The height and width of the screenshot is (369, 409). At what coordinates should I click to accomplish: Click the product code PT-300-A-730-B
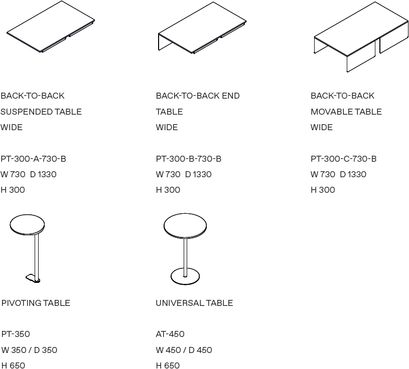(x=33, y=159)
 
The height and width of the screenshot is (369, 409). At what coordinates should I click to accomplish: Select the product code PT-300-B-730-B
(x=188, y=159)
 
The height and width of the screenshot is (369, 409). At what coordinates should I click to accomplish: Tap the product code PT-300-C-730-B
(x=343, y=159)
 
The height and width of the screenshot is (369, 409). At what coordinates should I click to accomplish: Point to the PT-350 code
(x=13, y=334)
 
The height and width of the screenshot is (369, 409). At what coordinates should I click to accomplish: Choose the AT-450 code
(x=170, y=334)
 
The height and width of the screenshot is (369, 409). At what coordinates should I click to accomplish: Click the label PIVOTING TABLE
(x=36, y=303)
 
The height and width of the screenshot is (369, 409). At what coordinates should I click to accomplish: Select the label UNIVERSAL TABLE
(x=194, y=303)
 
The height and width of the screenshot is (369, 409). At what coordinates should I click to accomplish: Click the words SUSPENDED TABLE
(x=41, y=112)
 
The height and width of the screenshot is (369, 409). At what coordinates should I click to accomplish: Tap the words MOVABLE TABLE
(x=346, y=112)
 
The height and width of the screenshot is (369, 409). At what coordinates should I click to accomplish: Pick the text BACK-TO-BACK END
(x=198, y=96)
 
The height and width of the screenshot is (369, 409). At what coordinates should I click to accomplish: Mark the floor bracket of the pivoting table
(x=33, y=278)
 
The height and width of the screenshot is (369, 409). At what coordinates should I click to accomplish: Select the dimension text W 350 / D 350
(x=29, y=350)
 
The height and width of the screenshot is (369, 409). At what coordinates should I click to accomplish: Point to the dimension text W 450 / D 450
(x=184, y=350)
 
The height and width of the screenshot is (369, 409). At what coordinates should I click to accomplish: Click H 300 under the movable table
(x=323, y=190)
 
